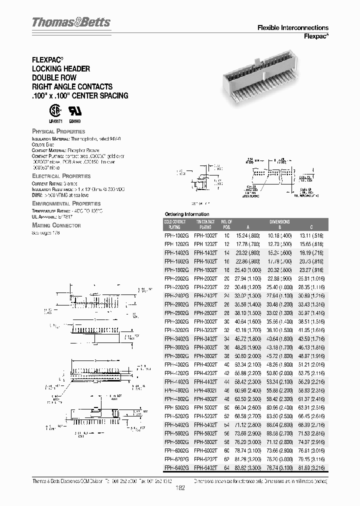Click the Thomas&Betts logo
[71, 22]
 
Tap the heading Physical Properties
[58, 131]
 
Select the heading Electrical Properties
[61, 176]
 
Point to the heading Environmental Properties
[66, 203]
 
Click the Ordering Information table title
[188, 214]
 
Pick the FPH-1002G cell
[176, 235]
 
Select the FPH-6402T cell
[205, 467]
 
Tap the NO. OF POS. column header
[226, 223]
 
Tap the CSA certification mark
[53, 109]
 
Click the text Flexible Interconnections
[292, 28]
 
